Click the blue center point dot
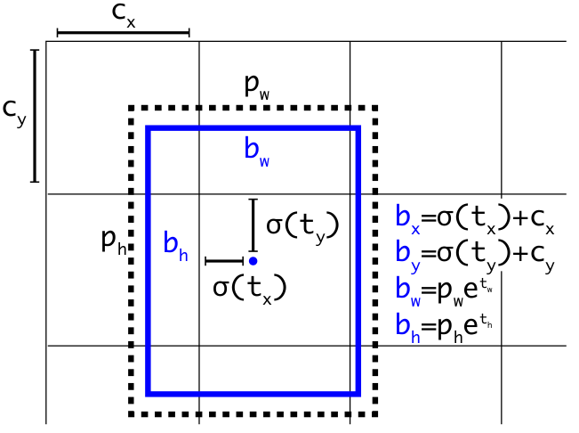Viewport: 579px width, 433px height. (253, 261)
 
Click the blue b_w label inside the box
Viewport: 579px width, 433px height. (256, 151)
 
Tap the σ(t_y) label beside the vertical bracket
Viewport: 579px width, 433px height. (302, 225)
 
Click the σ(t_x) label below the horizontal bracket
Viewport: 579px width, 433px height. (251, 287)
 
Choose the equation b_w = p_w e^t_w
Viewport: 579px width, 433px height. (445, 289)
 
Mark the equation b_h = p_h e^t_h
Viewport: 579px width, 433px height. (445, 323)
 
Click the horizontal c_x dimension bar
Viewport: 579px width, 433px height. (123, 34)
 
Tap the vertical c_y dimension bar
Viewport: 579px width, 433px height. (35, 116)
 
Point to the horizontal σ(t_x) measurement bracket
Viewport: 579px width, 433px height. (224, 261)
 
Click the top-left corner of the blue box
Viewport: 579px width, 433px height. (149, 129)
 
